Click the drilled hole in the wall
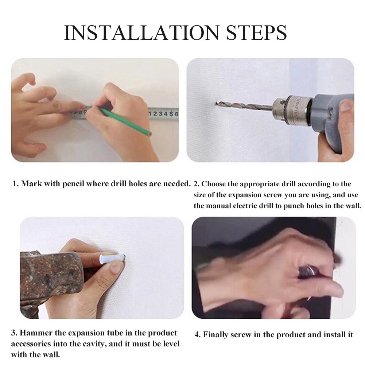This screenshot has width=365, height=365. pos(217,105)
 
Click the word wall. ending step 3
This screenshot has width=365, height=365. pos(50,354)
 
